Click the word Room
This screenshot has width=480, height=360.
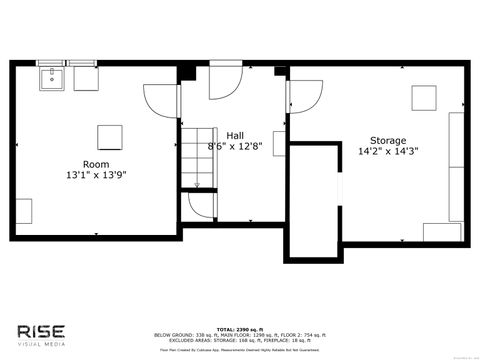tap(96, 163)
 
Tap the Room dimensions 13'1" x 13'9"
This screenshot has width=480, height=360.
tap(96, 175)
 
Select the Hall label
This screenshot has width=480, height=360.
tap(235, 135)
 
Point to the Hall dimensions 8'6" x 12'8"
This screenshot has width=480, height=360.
tap(235, 147)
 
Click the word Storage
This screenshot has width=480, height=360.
tap(388, 140)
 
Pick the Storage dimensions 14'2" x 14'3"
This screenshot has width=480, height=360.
tap(388, 153)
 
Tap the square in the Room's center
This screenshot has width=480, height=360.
tap(109, 137)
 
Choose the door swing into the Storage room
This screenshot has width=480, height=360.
tap(304, 95)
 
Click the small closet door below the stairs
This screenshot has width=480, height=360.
tap(200, 206)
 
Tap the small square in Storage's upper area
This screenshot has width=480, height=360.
tap(424, 99)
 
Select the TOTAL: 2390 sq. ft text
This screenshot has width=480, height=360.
tap(240, 327)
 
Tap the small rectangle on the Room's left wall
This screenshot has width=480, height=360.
tap(24, 211)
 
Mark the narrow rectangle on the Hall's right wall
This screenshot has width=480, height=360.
tap(278, 142)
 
